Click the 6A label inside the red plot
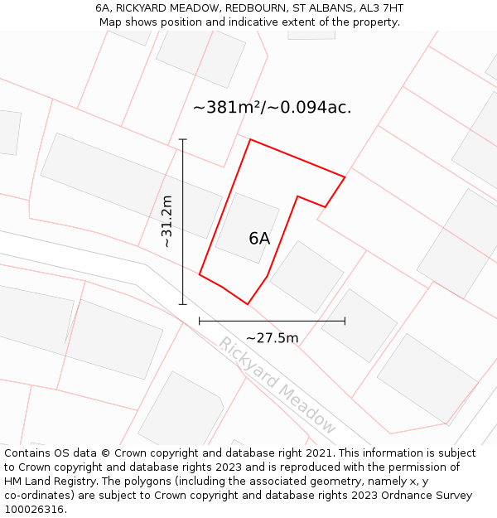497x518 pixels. (x=259, y=239)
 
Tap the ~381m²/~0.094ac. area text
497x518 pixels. (x=272, y=108)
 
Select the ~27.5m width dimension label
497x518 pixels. (x=272, y=337)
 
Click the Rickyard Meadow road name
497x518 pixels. (x=277, y=385)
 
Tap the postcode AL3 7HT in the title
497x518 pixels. (x=377, y=8)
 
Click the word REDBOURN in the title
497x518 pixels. (x=229, y=8)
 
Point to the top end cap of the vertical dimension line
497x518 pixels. (x=183, y=139)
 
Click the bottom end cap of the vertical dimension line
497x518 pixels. (x=183, y=304)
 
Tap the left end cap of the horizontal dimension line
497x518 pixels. (x=200, y=321)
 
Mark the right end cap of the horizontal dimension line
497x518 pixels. (x=345, y=321)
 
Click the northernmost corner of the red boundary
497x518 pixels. (x=250, y=139)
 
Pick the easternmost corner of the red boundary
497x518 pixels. (x=345, y=177)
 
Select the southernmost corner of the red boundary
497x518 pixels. (x=247, y=304)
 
